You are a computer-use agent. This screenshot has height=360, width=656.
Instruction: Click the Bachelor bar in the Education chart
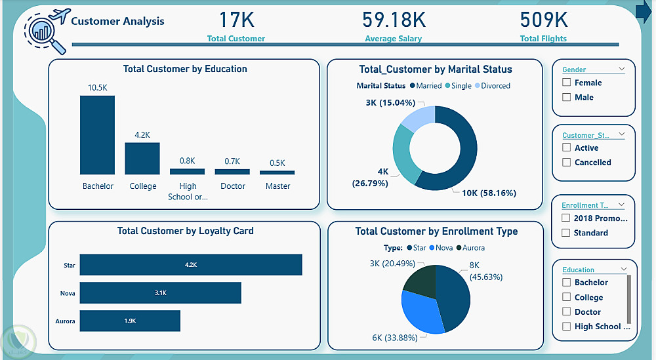pos(97,134)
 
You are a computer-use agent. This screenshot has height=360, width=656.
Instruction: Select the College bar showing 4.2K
pos(142,158)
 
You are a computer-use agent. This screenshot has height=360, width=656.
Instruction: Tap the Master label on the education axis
pos(277,186)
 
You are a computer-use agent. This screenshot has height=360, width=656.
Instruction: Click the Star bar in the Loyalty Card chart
pos(191,265)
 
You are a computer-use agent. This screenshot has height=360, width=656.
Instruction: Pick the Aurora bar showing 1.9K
pos(130,321)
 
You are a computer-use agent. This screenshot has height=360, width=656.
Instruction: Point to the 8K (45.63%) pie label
pos(486,271)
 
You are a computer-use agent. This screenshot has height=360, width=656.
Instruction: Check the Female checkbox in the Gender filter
pos(566,83)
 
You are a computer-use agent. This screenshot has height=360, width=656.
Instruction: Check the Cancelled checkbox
pos(566,162)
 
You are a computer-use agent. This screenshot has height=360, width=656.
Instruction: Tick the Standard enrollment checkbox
pos(566,233)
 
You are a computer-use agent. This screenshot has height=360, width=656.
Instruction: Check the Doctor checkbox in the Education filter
pos(566,312)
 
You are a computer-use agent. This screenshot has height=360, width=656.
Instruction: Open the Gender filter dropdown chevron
pos(621,69)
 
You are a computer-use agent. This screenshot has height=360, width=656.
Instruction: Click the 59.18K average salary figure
pos(394,20)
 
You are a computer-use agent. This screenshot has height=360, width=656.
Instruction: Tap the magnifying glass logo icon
pos(45,33)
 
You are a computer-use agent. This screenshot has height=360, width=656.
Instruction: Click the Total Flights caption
pos(543,39)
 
